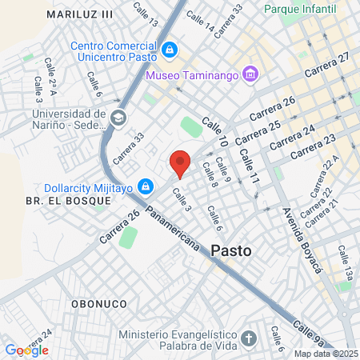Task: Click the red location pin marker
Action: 180,163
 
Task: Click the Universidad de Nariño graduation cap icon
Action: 118,118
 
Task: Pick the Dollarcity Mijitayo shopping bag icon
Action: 145,187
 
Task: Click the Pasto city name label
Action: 231,250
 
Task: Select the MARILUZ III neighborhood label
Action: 80,14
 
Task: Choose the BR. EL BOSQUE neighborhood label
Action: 68,201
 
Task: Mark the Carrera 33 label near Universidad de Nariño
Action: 130,147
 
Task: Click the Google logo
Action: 26,350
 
